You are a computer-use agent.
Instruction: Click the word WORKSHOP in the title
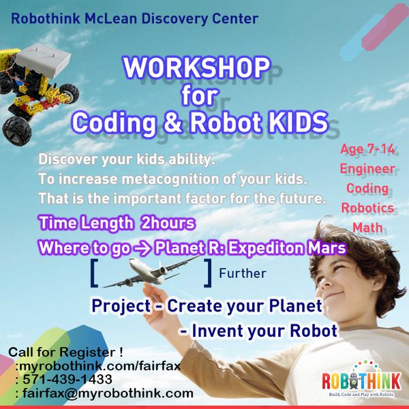196,67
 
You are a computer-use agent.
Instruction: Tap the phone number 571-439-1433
67,379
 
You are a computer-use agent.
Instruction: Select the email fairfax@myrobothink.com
108,393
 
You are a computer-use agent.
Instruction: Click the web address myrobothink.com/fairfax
100,366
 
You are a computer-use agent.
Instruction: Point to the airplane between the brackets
151,271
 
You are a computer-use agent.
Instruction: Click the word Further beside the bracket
243,273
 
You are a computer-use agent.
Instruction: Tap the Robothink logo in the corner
361,380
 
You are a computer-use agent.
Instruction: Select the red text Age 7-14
367,149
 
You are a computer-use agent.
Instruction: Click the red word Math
367,228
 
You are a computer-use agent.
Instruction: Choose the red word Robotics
367,208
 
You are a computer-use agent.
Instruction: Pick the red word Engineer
367,169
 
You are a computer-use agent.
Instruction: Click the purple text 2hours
168,224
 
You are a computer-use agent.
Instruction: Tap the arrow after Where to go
142,248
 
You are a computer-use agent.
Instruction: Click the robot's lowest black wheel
17,131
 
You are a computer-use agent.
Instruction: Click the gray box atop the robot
43,61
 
